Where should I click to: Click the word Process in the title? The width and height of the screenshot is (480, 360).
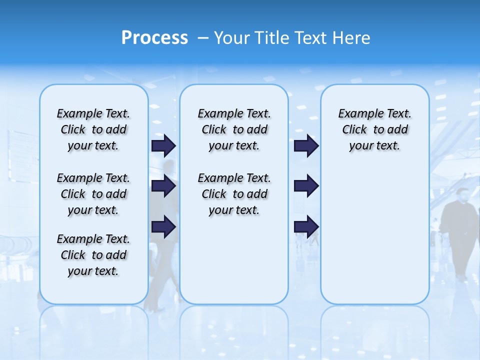point(154,38)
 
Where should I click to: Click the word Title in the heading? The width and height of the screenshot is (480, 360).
point(272,38)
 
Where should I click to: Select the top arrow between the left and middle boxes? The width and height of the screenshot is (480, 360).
point(163,145)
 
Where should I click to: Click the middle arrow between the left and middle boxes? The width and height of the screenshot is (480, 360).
point(163,186)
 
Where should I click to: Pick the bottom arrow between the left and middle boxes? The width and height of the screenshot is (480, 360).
point(163,226)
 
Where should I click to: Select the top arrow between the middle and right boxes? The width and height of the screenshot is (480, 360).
point(306,145)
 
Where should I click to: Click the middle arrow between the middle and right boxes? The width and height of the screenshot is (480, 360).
point(306,186)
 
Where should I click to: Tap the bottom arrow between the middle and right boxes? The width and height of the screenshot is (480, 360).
point(306,226)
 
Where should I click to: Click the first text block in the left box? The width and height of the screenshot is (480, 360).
point(93,129)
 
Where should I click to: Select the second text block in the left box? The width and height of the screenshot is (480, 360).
point(93,194)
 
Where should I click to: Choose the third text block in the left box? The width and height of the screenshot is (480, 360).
point(93,255)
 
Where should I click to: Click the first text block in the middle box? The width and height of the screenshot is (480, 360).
point(234,129)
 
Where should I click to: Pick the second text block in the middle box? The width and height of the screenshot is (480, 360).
point(234,194)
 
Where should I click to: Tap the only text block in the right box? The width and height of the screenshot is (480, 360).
point(374,129)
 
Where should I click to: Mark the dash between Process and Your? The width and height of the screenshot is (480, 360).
point(203,38)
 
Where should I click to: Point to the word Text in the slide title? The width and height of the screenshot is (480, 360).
point(312,38)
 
